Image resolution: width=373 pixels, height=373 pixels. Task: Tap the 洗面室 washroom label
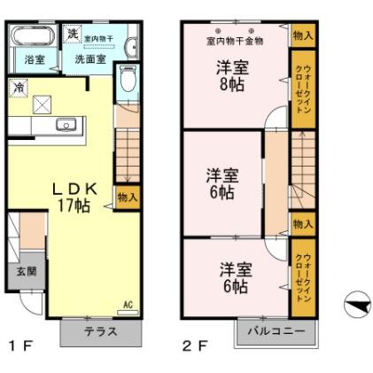89,60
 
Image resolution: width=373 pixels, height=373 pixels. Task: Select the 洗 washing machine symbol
73,34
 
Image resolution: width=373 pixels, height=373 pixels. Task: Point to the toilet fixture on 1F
128,80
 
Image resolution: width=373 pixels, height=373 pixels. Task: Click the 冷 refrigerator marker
19,87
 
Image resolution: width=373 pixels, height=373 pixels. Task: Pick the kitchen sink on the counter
65,125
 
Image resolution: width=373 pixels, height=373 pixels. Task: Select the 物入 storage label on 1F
128,197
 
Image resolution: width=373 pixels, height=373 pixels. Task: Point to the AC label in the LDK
128,305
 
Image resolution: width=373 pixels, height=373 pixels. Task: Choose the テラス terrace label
101,331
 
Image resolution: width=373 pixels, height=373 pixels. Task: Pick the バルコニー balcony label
276,330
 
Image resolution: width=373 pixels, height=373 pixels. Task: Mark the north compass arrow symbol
357,306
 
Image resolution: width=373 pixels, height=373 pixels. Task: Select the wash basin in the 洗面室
132,48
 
